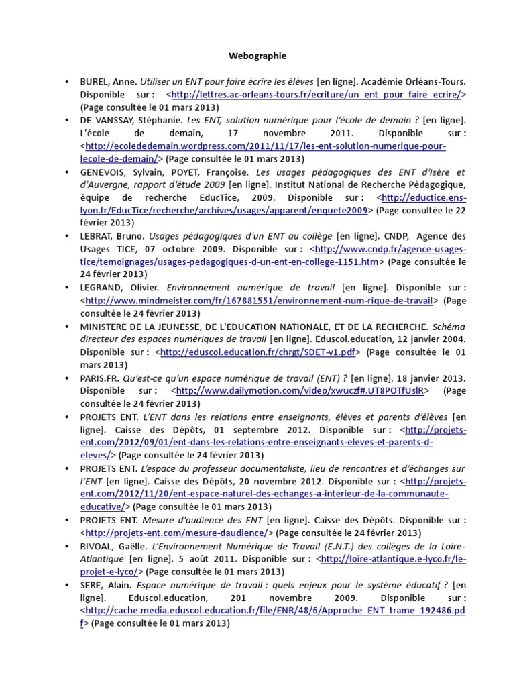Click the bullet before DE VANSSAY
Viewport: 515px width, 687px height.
66,120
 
